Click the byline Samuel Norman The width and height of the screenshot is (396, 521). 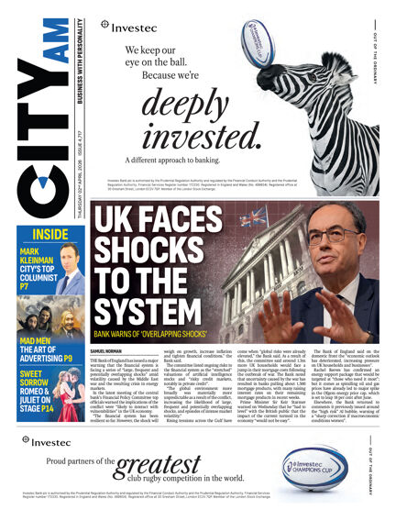(x=107, y=351)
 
